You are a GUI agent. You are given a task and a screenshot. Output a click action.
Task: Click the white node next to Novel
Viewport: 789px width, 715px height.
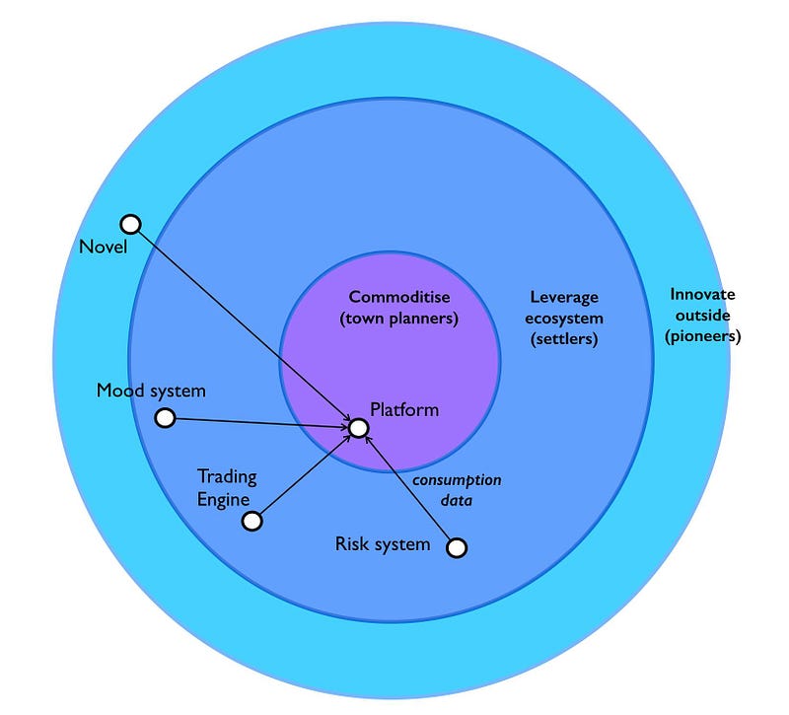point(130,224)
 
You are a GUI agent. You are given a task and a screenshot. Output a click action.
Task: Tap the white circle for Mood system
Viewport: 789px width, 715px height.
point(166,418)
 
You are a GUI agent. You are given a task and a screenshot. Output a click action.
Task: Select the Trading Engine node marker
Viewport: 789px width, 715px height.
point(252,521)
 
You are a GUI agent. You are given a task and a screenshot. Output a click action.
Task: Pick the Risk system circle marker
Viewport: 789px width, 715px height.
point(457,546)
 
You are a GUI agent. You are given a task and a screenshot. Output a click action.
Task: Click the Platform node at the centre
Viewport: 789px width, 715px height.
point(359,428)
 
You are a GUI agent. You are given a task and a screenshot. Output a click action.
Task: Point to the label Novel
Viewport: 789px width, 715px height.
point(104,247)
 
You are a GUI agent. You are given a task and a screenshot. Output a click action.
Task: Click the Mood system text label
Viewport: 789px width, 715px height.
point(151,391)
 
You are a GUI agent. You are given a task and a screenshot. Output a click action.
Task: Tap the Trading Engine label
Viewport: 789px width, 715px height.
point(227,488)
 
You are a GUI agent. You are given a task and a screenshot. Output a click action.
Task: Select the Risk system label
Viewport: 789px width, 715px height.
point(383,543)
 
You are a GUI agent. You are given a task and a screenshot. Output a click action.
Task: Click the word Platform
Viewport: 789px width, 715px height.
point(404,409)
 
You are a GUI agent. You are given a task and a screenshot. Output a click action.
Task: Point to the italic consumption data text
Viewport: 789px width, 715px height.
point(457,490)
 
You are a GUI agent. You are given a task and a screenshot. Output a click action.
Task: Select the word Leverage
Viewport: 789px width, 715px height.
point(564,297)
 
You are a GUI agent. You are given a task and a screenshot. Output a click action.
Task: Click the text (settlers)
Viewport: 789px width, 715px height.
point(564,340)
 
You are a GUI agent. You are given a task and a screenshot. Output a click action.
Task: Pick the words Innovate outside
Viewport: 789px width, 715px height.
point(702,305)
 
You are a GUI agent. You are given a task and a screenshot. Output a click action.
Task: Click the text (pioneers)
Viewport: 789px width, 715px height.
point(702,335)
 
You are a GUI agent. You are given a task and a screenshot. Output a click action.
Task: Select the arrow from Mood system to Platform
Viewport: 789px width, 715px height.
point(261,423)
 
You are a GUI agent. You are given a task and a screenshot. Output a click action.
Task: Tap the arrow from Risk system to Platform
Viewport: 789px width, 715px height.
point(409,489)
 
